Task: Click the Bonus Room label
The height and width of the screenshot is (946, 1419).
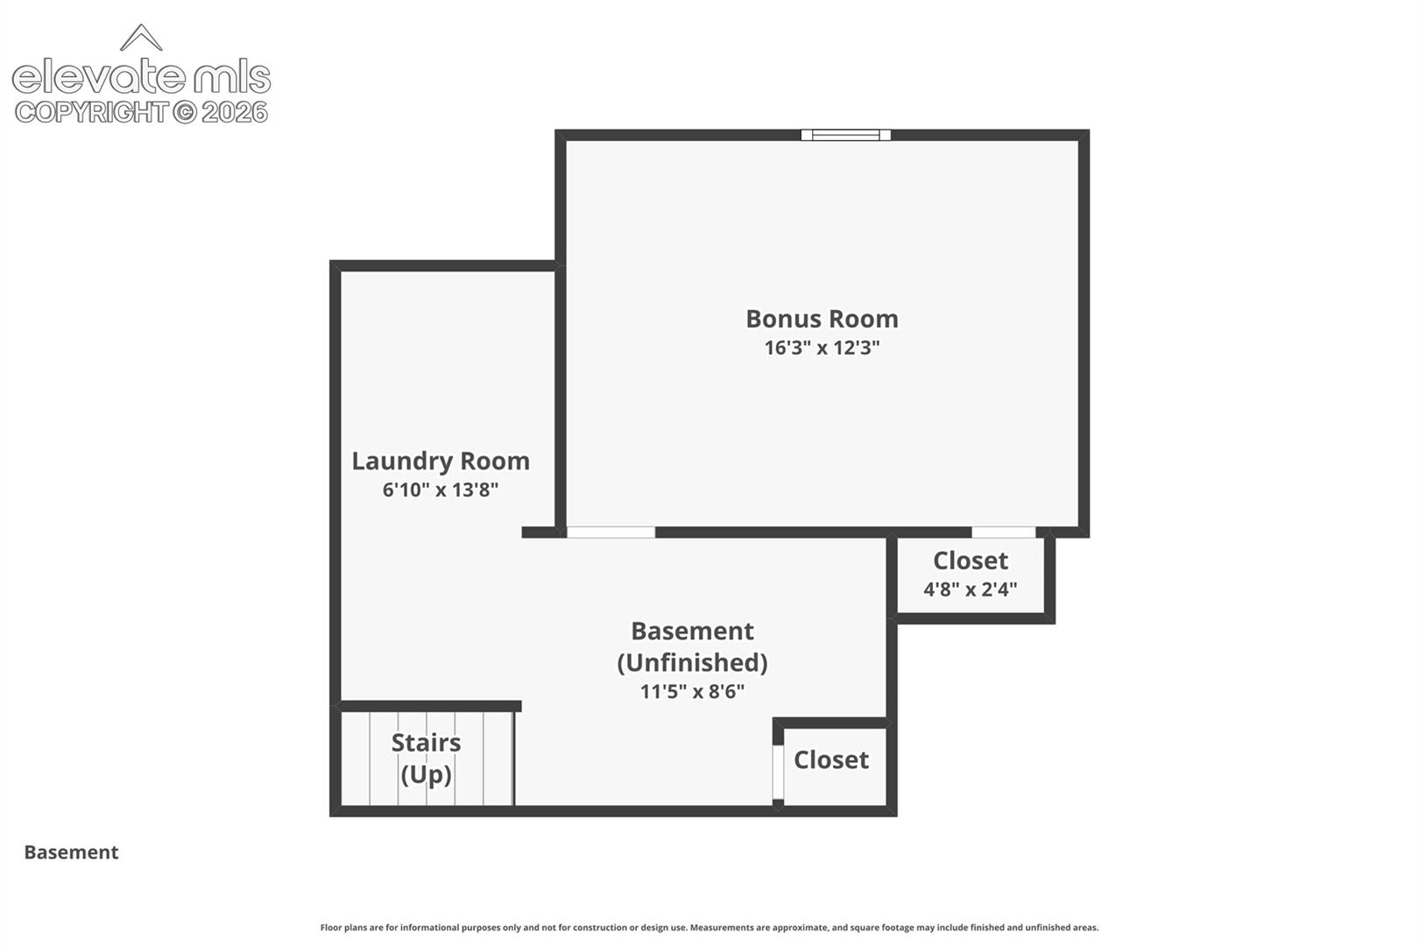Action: click(x=822, y=319)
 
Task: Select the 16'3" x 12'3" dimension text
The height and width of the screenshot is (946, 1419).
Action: click(x=822, y=348)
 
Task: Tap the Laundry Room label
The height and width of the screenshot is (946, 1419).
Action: click(x=441, y=462)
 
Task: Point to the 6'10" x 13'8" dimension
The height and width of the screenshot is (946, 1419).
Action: click(x=441, y=490)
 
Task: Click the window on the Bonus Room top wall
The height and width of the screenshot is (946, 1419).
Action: click(x=845, y=135)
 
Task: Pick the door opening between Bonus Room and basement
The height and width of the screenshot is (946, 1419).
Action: click(x=611, y=533)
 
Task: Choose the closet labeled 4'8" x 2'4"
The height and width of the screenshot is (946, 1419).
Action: click(x=971, y=575)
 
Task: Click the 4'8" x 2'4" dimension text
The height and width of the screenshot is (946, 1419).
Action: click(x=971, y=589)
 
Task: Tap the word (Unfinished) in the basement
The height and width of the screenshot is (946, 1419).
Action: click(x=692, y=663)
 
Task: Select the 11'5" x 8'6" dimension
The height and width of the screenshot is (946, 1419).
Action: click(x=692, y=691)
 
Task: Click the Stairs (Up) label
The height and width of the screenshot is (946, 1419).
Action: click(x=426, y=759)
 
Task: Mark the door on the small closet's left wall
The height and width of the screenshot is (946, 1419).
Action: click(x=778, y=772)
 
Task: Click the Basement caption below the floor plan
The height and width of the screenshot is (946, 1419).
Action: click(x=71, y=852)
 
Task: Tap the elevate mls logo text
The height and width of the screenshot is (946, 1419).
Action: click(x=141, y=77)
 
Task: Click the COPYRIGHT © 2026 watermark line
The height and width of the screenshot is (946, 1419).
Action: click(x=141, y=113)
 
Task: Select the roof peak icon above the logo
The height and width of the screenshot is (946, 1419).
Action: click(x=141, y=38)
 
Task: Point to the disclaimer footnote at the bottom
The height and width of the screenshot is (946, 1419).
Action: click(x=709, y=928)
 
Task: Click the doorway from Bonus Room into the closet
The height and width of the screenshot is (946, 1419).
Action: click(x=1004, y=533)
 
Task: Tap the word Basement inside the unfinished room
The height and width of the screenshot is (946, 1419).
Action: click(x=692, y=631)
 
